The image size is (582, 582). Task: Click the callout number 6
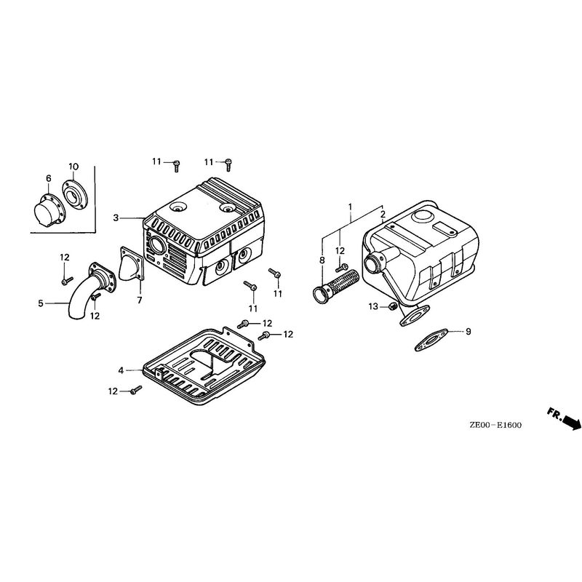(x=49, y=178)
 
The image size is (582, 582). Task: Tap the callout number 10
(x=73, y=167)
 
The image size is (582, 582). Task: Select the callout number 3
(x=116, y=218)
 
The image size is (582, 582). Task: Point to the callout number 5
(x=41, y=303)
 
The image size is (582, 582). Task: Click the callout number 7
(x=140, y=300)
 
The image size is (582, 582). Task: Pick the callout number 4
(x=121, y=370)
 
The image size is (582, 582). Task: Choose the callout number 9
(x=469, y=331)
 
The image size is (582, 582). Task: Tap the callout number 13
(x=373, y=306)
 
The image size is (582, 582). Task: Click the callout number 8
(x=322, y=260)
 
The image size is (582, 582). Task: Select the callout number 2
(x=383, y=214)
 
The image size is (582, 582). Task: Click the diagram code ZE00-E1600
(x=495, y=425)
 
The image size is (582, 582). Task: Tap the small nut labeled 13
(x=393, y=306)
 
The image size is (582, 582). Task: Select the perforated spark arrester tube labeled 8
(x=336, y=286)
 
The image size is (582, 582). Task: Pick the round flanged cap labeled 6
(x=49, y=210)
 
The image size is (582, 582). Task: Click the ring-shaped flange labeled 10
(x=75, y=196)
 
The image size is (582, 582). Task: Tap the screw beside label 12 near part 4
(x=136, y=389)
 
